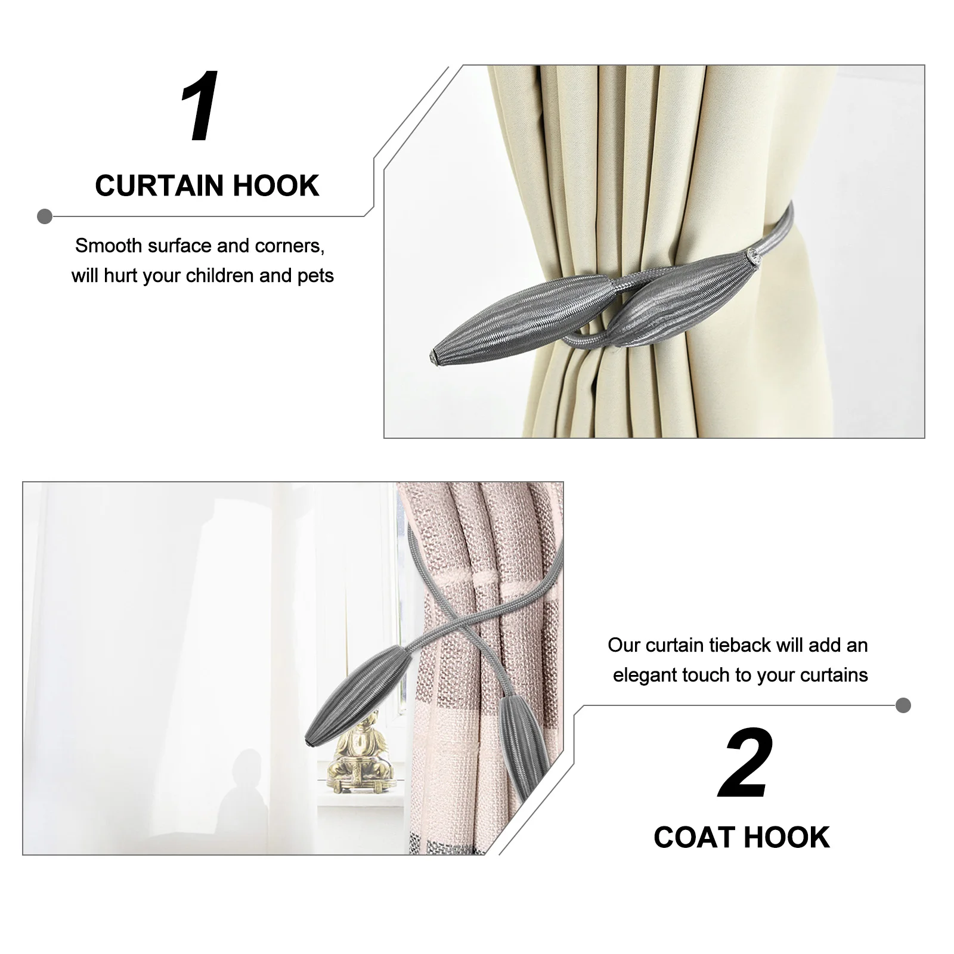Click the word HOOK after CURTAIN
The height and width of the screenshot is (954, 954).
(x=275, y=185)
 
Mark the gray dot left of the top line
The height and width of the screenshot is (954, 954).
(x=45, y=216)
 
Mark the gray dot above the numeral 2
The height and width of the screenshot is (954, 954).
(x=903, y=705)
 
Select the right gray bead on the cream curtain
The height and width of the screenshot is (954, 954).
(x=680, y=298)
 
